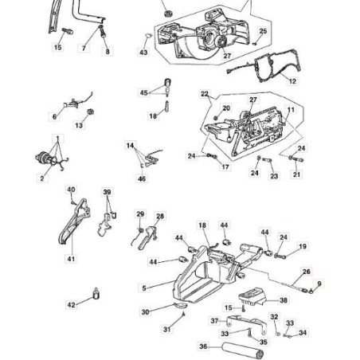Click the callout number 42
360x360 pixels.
[71, 305]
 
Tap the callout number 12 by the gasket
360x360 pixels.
[292, 81]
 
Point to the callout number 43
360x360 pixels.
[143, 53]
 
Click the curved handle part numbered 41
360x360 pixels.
[75, 221]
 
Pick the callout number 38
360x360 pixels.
[284, 300]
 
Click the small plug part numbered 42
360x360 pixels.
[96, 294]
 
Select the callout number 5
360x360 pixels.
[144, 288]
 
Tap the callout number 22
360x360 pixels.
[205, 94]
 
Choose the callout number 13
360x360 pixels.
[79, 125]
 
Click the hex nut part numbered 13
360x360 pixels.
[91, 112]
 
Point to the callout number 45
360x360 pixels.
[143, 93]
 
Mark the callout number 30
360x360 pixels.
[145, 312]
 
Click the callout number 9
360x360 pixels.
[319, 284]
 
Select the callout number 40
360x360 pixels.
[71, 190]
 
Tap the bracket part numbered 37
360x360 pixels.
[247, 324]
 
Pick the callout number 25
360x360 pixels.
[263, 31]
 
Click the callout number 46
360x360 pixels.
[142, 178]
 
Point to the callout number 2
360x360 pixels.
[42, 178]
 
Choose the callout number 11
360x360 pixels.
[291, 110]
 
